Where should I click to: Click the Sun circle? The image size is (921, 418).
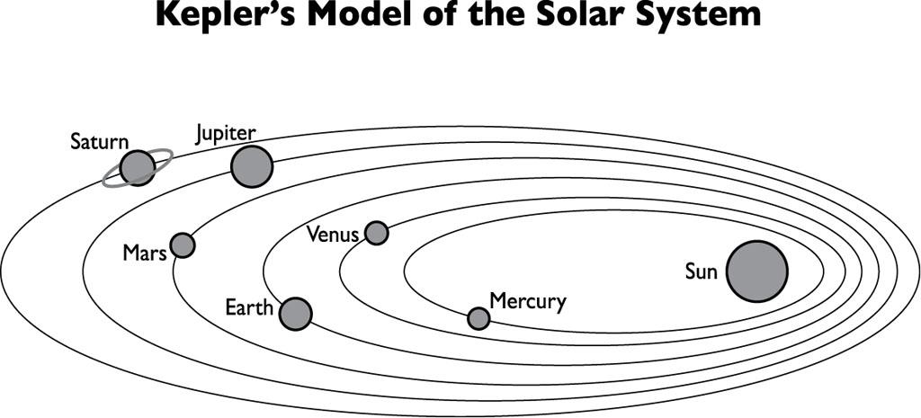(x=756, y=271)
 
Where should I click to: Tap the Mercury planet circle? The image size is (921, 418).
(x=478, y=318)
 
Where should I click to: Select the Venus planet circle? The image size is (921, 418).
(x=376, y=233)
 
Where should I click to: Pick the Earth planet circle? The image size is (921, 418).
(x=295, y=314)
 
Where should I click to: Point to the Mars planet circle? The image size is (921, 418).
(x=183, y=245)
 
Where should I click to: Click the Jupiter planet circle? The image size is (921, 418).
(x=251, y=166)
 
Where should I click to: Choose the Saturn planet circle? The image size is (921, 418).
(x=138, y=167)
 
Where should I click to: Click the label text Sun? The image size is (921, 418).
(x=701, y=271)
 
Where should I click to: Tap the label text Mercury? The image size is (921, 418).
(x=527, y=301)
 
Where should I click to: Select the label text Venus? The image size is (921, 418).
(x=333, y=236)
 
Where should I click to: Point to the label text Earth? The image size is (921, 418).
(x=249, y=309)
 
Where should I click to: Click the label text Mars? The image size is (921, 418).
(x=145, y=253)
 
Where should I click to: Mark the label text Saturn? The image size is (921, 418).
(x=100, y=142)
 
